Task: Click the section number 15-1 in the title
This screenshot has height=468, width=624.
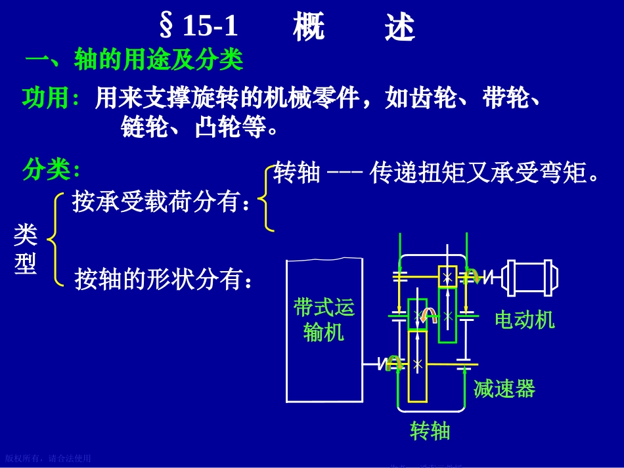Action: click(x=210, y=26)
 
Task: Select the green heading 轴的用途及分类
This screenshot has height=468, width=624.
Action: click(x=159, y=60)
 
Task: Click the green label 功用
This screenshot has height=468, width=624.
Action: click(x=51, y=98)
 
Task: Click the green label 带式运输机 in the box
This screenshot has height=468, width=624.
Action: click(x=324, y=320)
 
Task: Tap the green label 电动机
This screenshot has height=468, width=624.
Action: click(x=524, y=320)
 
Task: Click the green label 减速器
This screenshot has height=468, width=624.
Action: click(x=504, y=389)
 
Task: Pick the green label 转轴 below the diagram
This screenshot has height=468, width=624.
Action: click(x=430, y=431)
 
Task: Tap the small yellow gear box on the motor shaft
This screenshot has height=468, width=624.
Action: click(x=447, y=276)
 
